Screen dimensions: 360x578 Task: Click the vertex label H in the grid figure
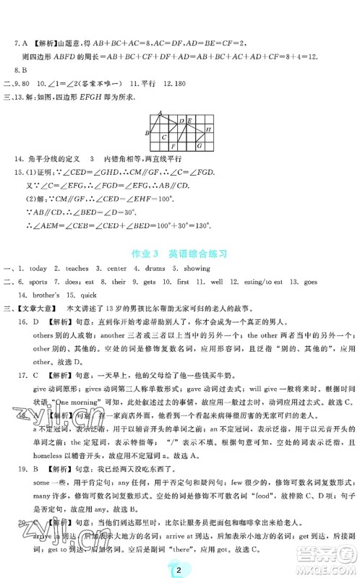(208, 129)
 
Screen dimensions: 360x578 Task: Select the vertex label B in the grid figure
(147, 133)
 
